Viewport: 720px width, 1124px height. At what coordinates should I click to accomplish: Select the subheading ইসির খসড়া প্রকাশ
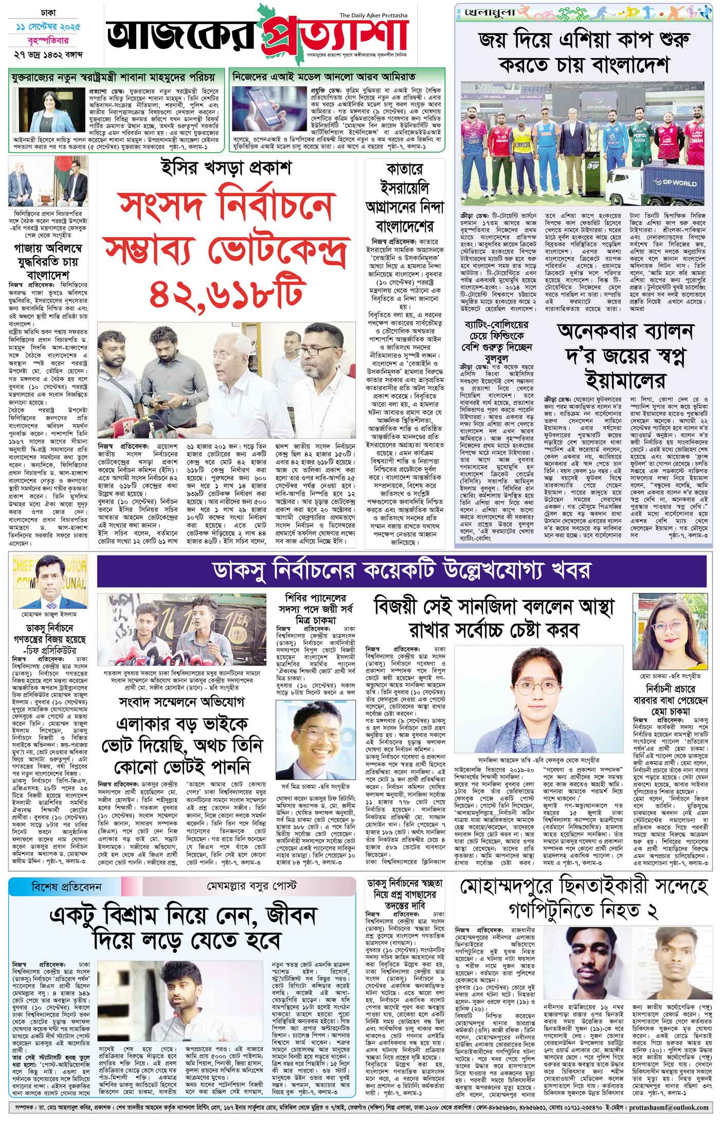225,169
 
